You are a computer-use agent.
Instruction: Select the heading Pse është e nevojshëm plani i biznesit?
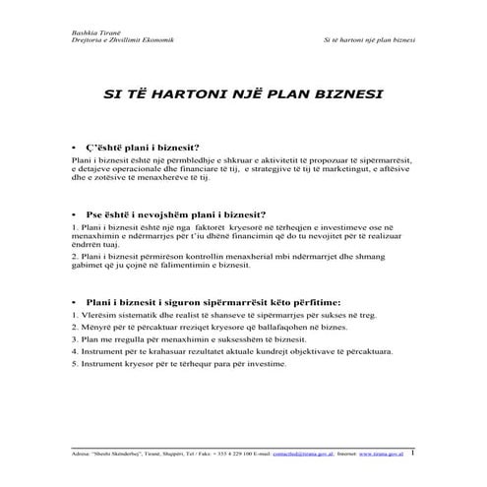175,213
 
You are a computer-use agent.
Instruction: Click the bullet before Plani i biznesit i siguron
75,301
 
